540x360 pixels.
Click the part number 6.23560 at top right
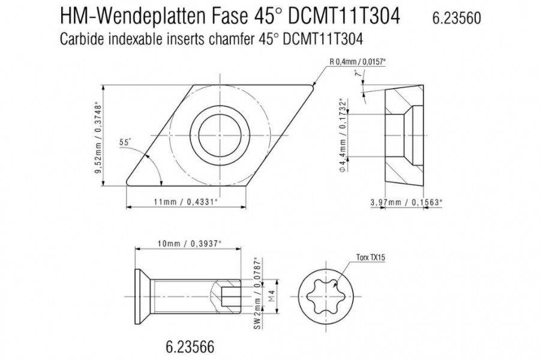[457, 18]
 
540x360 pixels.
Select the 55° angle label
[125, 142]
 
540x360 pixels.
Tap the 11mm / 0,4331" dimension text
[186, 202]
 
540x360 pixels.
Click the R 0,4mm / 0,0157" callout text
[358, 62]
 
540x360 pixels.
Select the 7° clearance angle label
[359, 73]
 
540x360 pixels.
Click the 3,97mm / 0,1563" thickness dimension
[406, 202]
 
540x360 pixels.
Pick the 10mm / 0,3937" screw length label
[189, 244]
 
